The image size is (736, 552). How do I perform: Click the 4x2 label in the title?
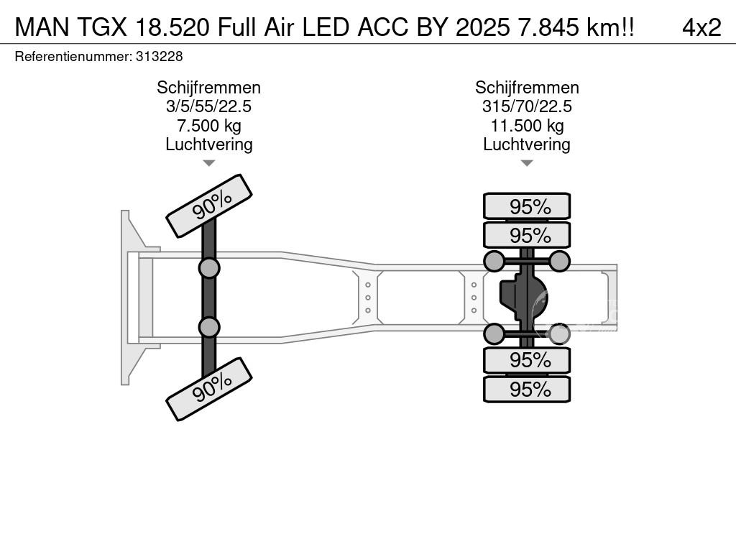pyautogui.click(x=701, y=27)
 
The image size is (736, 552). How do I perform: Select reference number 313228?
pyautogui.click(x=159, y=57)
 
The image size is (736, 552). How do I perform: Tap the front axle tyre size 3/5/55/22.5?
pyautogui.click(x=209, y=106)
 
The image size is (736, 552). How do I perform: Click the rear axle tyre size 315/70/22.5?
pyautogui.click(x=527, y=106)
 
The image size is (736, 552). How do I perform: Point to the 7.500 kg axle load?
pyautogui.click(x=209, y=125)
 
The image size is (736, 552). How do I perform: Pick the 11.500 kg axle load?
pyautogui.click(x=527, y=125)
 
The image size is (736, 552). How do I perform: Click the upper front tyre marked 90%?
pyautogui.click(x=209, y=206)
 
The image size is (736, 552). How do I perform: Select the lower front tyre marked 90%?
pyautogui.click(x=209, y=389)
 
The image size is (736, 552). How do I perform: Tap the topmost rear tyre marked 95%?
pyautogui.click(x=527, y=206)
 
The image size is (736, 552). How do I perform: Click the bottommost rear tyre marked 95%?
pyautogui.click(x=527, y=389)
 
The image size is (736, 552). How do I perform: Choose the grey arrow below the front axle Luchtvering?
pyautogui.click(x=209, y=163)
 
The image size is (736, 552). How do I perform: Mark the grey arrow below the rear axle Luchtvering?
pyautogui.click(x=527, y=163)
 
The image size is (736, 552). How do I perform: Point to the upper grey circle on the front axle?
pyautogui.click(x=209, y=269)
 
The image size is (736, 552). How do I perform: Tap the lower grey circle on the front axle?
pyautogui.click(x=209, y=327)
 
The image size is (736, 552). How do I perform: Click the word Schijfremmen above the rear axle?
pyautogui.click(x=527, y=88)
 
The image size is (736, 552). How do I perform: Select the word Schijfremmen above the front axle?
pyautogui.click(x=209, y=88)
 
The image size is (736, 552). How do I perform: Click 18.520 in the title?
pyautogui.click(x=172, y=27)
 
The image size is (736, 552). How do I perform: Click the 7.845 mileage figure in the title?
pyautogui.click(x=548, y=27)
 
